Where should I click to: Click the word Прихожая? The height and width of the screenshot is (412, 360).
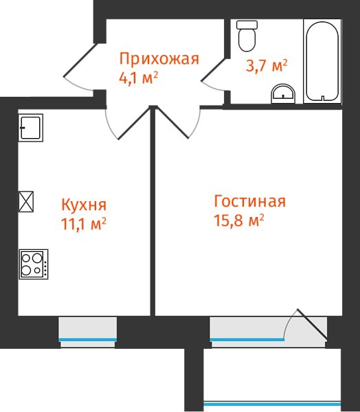[x=159, y=59]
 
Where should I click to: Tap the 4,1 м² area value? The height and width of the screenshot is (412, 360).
[x=139, y=78]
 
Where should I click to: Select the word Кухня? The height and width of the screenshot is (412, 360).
[x=84, y=205]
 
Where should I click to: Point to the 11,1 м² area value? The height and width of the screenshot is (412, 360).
[x=84, y=223]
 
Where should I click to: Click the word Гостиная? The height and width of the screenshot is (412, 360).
[x=250, y=201]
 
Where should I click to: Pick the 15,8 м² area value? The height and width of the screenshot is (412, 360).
[x=239, y=220]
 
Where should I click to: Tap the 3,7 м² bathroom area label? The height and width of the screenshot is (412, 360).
[x=267, y=66]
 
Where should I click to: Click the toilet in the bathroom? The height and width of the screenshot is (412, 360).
[x=247, y=36]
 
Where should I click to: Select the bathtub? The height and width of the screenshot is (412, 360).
[x=322, y=61]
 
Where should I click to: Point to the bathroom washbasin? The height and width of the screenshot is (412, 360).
[x=283, y=94]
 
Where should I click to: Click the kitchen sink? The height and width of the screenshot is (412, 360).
[x=30, y=128]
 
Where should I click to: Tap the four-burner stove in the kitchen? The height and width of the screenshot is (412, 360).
[x=34, y=264]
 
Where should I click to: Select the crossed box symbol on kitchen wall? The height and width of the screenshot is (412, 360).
[x=26, y=201]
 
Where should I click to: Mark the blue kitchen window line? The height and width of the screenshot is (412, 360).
[x=87, y=340]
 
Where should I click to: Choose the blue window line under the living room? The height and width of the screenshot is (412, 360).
[x=247, y=340]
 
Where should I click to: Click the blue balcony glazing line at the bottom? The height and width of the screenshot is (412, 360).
[x=272, y=404]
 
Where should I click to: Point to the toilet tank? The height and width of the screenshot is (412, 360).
[x=247, y=25]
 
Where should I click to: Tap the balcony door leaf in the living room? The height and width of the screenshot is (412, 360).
[x=313, y=323]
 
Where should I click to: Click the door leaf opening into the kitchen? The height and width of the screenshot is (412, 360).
[x=134, y=123]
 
